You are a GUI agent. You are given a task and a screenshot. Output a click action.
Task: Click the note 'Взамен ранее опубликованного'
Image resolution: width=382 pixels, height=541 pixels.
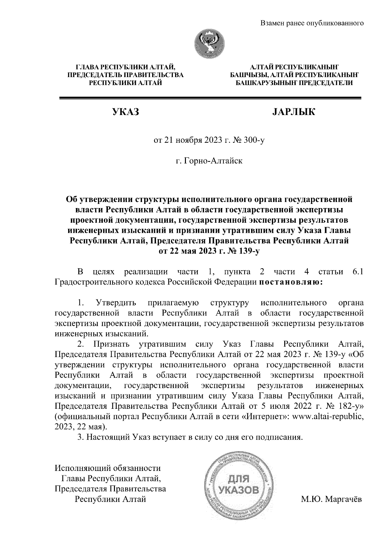pyautogui.click(x=312, y=23)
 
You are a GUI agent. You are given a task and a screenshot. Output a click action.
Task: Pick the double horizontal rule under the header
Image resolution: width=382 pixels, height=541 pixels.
pyautogui.click(x=210, y=98)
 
